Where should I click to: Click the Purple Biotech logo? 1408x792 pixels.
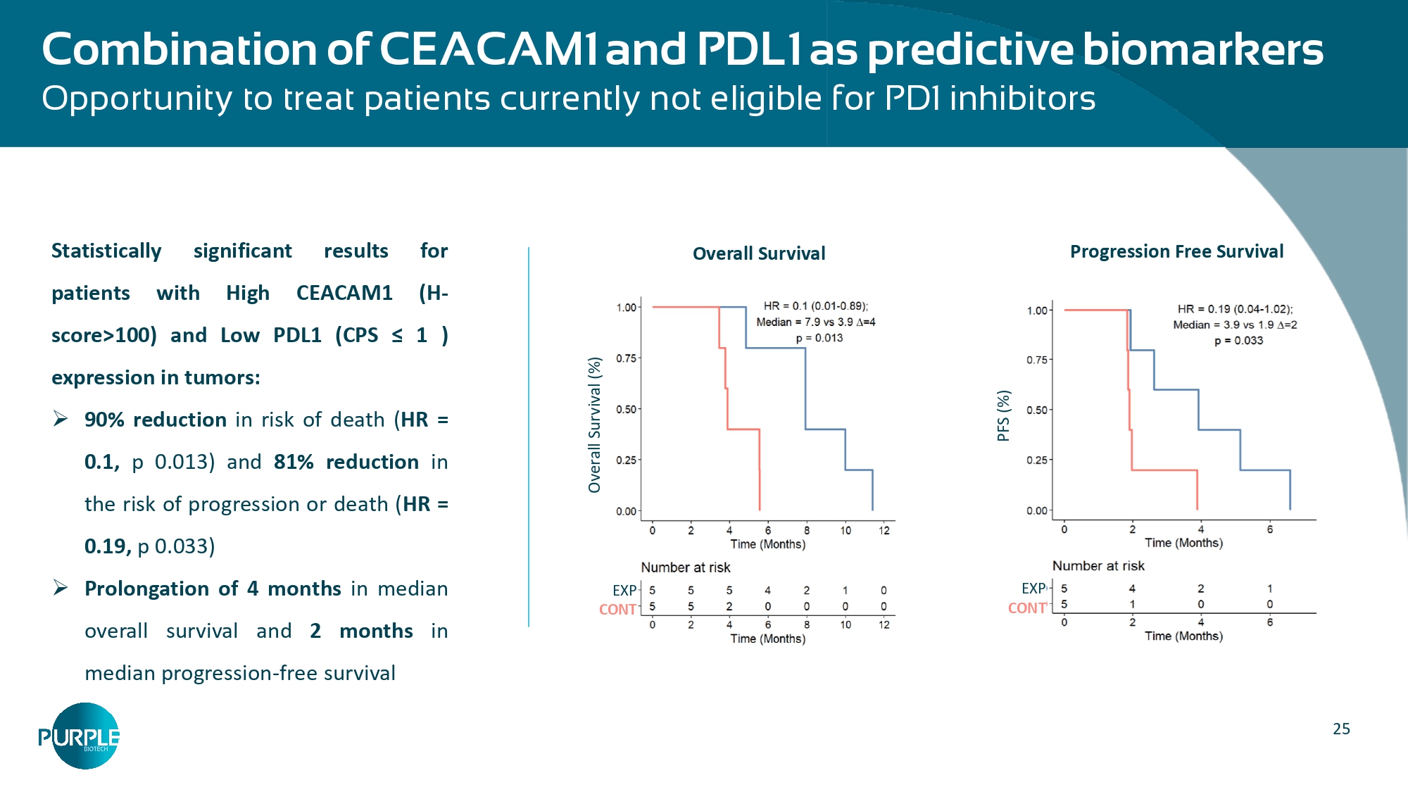(x=79, y=736)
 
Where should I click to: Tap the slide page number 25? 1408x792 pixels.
(x=1341, y=729)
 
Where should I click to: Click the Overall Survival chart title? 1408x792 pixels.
(x=758, y=253)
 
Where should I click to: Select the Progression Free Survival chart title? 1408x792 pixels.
(x=1176, y=251)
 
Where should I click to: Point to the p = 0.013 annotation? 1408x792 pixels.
(x=819, y=338)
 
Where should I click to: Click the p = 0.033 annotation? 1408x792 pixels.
(x=1238, y=341)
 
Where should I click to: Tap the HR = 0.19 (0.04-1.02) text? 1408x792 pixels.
(x=1235, y=309)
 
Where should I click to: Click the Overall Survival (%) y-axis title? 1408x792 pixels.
(x=595, y=425)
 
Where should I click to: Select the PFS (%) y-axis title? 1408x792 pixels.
(x=1003, y=415)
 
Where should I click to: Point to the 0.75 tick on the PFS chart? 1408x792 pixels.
(x=1037, y=360)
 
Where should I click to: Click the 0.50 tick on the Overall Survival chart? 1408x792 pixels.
(x=626, y=409)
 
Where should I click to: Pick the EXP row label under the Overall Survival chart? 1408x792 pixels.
(x=624, y=591)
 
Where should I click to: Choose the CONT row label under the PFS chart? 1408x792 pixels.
(x=1027, y=608)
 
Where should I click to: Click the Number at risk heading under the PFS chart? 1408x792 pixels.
(x=1098, y=566)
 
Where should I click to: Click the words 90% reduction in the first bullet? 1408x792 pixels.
(x=155, y=420)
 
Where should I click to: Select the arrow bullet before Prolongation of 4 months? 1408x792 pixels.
(x=61, y=588)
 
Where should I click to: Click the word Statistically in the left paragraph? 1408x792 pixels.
(x=106, y=251)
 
